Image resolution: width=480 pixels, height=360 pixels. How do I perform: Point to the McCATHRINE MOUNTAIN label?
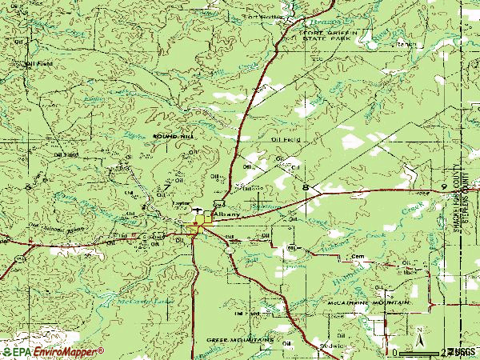click(x=367, y=305)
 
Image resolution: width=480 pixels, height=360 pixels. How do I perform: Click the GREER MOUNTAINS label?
click(x=241, y=339)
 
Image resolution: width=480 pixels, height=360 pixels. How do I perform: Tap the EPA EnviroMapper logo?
click(x=53, y=351)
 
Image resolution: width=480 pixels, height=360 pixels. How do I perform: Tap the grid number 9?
click(x=442, y=186)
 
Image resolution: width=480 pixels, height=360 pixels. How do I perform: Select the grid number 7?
click(x=166, y=187)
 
